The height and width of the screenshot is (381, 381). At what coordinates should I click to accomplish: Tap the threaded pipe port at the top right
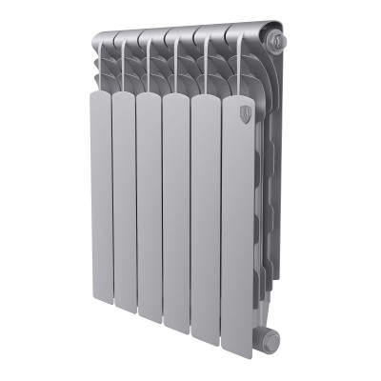point(277,42)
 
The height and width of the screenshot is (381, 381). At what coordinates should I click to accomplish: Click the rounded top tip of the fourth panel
point(176,97)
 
